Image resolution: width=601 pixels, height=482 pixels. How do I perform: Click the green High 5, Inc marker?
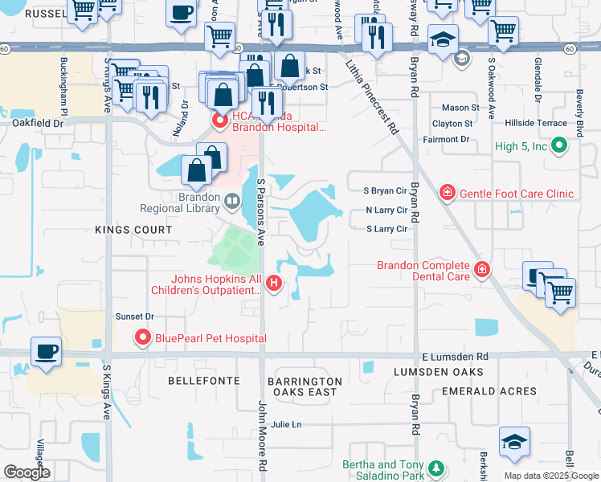point(561,146)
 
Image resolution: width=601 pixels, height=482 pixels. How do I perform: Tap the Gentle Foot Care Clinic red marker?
point(447,193)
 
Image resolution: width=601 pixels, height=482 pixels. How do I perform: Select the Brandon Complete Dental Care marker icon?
point(482,270)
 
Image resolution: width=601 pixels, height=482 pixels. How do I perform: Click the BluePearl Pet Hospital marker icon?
point(144,337)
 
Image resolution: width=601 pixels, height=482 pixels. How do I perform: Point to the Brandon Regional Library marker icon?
point(232,201)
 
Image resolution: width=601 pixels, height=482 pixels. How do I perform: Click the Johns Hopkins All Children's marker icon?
point(275,283)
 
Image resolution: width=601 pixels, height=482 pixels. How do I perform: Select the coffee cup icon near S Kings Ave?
point(44,351)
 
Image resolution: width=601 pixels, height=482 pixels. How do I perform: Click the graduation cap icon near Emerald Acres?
point(514,441)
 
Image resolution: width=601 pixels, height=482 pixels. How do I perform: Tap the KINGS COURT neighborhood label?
point(133,230)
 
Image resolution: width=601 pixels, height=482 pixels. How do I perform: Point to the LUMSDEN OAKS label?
point(438,372)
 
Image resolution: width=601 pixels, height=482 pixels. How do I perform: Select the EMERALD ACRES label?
point(489,391)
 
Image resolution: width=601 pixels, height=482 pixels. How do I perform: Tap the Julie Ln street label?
point(285,424)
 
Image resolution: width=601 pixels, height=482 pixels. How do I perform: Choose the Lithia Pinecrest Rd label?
point(371,99)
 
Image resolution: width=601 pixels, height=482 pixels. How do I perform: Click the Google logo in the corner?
point(27,472)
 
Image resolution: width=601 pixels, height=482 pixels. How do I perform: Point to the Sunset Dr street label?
point(134,317)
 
